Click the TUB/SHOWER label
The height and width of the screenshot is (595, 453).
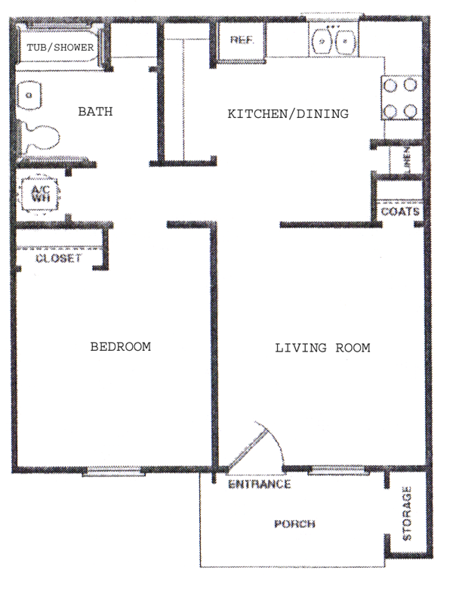click(60, 48)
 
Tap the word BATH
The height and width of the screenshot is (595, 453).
click(95, 112)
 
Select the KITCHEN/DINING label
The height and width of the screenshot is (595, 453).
click(288, 113)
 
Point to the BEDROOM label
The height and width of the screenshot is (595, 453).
click(120, 346)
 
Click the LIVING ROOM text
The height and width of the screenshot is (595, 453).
click(322, 348)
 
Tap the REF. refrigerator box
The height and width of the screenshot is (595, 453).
click(242, 40)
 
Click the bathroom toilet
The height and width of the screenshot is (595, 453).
click(39, 138)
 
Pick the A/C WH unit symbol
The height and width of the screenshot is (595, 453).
click(40, 194)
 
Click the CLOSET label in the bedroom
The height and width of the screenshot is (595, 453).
click(59, 259)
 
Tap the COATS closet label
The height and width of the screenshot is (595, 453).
click(400, 212)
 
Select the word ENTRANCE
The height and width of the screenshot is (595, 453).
click(259, 484)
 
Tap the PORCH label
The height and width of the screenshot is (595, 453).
click(294, 524)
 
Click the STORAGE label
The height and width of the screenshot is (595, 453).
click(407, 513)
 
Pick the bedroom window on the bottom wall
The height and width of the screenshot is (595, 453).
click(114, 472)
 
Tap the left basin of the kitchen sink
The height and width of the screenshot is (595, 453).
click(322, 41)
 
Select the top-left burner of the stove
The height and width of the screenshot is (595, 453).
click(390, 85)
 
